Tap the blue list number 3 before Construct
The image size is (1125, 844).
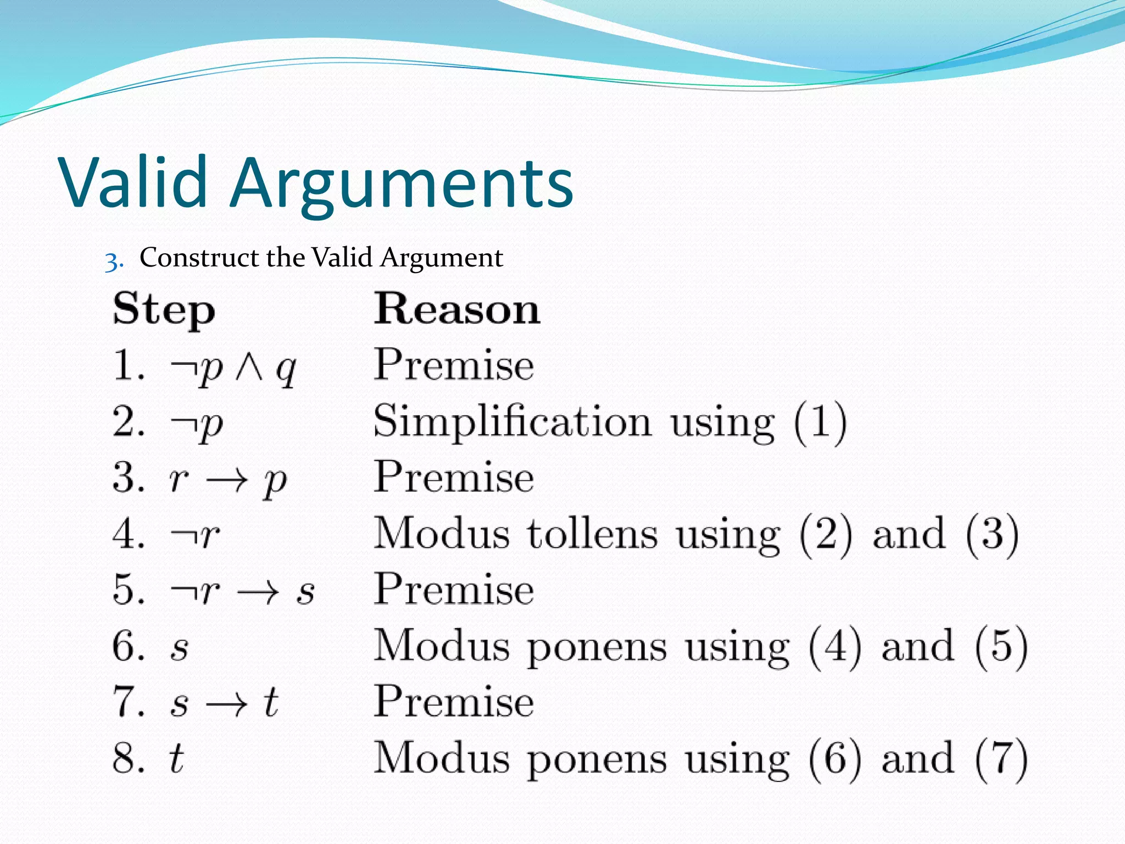coord(113,261)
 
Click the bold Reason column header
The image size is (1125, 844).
coord(457,309)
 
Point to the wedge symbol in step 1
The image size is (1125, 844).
coord(249,367)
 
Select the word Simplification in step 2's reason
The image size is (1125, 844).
coord(512,422)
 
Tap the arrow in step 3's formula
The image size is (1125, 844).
coord(227,480)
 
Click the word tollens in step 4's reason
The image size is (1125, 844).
coord(592,534)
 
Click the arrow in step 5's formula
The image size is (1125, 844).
coord(258,592)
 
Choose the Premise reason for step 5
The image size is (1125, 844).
coord(454,590)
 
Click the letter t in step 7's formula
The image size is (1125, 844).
coord(270,702)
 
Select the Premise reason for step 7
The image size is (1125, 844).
coord(454,702)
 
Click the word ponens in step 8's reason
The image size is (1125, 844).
coord(597,760)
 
